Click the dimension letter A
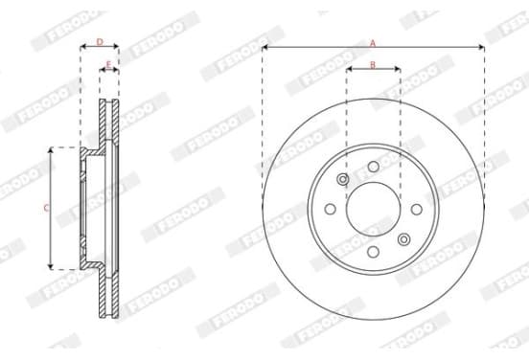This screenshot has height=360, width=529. pyautogui.click(x=373, y=43)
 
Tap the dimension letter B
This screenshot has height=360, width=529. pyautogui.click(x=373, y=65)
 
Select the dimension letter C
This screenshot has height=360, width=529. pyautogui.click(x=46, y=208)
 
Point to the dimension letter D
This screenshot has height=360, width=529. pyautogui.click(x=100, y=42)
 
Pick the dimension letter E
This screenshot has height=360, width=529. pyautogui.click(x=108, y=64)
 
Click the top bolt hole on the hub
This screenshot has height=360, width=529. pyautogui.click(x=374, y=167)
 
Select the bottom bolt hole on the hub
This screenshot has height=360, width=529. pyautogui.click(x=373, y=252)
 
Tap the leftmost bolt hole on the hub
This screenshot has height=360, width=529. pyautogui.click(x=331, y=209)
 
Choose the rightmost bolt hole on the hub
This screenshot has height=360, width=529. pyautogui.click(x=417, y=209)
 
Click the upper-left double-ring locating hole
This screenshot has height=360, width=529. pyautogui.click(x=343, y=179)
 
